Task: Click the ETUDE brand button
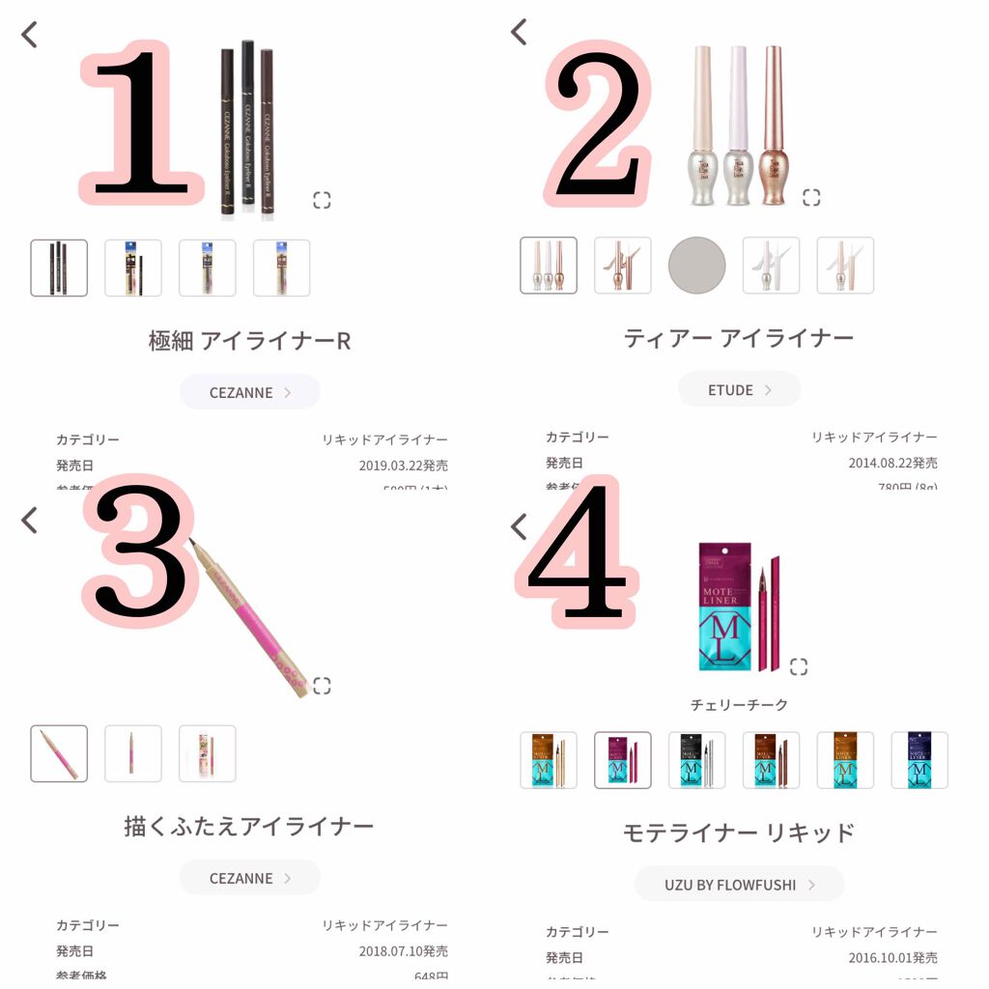click(x=739, y=390)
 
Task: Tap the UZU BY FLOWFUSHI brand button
click(x=739, y=884)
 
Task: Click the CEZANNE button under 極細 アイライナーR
click(x=249, y=392)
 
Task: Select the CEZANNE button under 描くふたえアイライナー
click(x=249, y=878)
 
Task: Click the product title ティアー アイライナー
click(x=739, y=338)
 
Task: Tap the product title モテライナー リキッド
click(x=739, y=833)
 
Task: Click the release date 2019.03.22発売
click(x=403, y=466)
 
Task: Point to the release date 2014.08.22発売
click(x=892, y=463)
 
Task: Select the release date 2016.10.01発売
click(x=892, y=957)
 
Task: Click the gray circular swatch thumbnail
click(x=696, y=266)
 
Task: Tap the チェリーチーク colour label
click(x=739, y=705)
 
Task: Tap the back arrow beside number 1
click(x=30, y=35)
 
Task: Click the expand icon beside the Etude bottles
click(x=811, y=197)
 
